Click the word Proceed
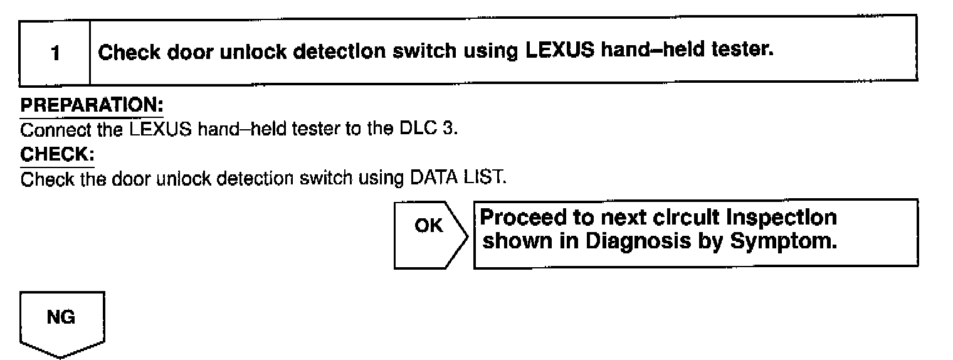[x=520, y=219]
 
